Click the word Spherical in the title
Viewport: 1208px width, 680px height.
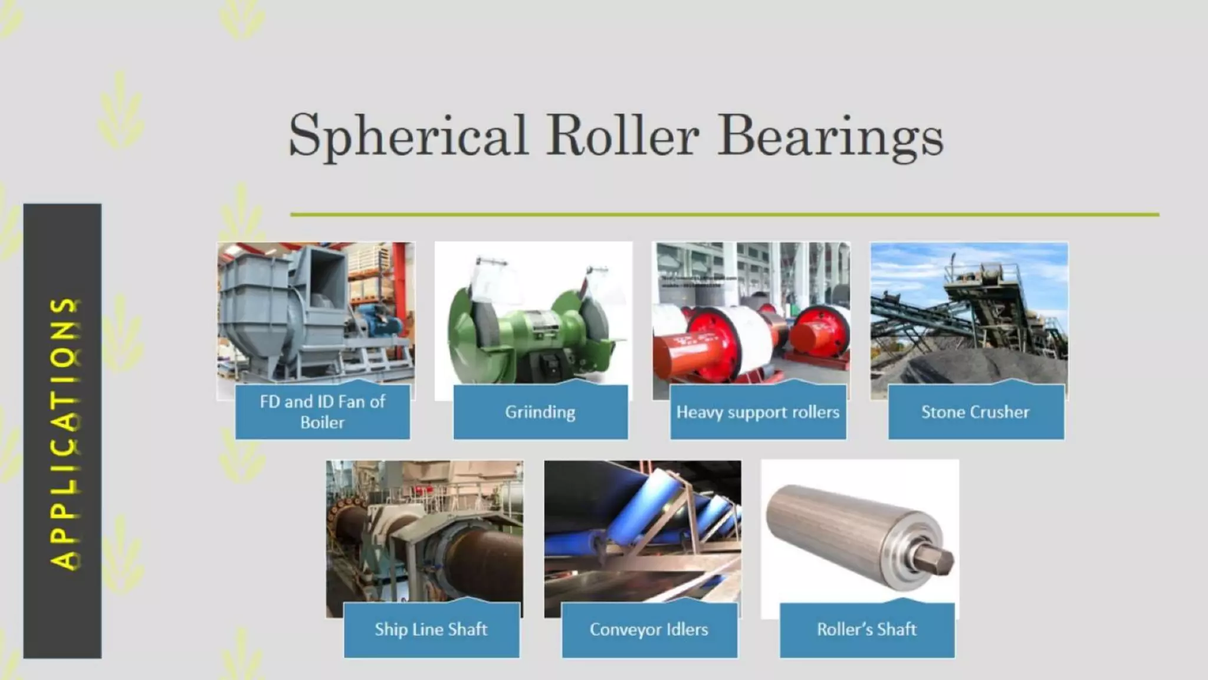407,136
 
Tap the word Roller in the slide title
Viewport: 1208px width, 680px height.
622,136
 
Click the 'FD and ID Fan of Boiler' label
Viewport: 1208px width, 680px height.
322,412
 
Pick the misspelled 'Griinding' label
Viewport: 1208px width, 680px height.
540,412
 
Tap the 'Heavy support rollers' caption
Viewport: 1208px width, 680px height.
757,412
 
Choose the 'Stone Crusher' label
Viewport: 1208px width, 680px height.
976,412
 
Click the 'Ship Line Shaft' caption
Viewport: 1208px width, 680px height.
431,629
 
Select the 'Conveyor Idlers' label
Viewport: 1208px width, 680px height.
649,629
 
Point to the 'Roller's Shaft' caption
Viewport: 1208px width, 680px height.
866,629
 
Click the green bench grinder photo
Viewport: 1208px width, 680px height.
533,319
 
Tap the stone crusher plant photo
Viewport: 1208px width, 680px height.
969,313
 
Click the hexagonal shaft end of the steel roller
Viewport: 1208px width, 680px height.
935,560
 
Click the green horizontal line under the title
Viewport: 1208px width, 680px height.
724,215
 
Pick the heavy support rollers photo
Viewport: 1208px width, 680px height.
751,313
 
